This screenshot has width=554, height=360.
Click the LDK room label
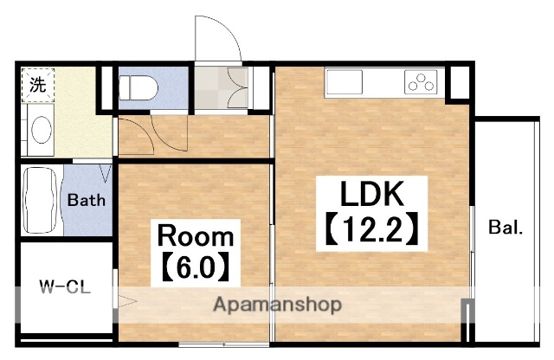pos(371,194)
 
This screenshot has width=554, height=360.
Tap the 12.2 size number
pos(371,228)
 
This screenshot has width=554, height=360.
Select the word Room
pos(196,236)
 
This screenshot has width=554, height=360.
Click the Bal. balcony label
pos(506,228)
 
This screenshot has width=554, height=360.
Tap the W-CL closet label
pos(65,286)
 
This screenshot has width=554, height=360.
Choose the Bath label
pos(87,200)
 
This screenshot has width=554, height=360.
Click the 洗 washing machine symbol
pos(38,85)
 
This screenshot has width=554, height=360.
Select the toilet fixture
pos(138,87)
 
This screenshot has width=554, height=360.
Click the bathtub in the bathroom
pos(40,200)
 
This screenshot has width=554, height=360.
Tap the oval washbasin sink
pos(42,129)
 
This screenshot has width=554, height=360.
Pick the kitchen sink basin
pos(345,82)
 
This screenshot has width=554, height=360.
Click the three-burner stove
pos(421,81)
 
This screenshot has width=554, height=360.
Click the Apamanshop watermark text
pos(277,305)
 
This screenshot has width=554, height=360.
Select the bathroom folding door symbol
pos(106,173)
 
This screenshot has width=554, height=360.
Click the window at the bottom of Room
pos(223,344)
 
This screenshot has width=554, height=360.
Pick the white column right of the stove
pos(459,82)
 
